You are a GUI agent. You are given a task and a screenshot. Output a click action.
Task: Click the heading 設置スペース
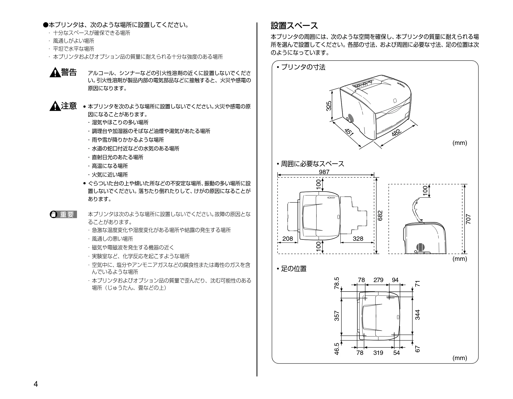294,26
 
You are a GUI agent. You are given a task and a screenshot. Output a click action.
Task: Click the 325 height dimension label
329,106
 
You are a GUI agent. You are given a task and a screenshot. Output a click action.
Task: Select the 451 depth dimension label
349,132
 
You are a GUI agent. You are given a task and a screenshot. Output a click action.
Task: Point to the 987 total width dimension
324,172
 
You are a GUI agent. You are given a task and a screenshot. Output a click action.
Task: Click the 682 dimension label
380,215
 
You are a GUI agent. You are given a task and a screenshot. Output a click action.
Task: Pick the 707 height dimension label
468,219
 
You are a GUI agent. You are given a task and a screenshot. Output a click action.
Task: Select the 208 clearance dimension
288,239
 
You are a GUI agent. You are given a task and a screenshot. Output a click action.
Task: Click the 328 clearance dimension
358,239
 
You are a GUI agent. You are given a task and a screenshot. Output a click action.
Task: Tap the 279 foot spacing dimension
378,280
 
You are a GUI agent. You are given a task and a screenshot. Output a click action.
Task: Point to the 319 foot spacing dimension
378,353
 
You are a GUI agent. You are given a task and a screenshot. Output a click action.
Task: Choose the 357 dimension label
337,316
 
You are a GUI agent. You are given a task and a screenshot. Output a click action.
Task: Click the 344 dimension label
417,315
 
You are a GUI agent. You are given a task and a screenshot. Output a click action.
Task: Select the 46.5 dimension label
337,349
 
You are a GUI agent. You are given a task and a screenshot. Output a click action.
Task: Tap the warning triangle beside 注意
55,106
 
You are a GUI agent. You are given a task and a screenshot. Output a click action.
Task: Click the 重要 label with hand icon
63,214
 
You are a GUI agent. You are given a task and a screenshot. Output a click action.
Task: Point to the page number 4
36,384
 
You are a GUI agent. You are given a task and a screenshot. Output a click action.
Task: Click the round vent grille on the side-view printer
420,247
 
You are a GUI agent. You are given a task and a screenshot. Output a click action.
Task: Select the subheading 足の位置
292,269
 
